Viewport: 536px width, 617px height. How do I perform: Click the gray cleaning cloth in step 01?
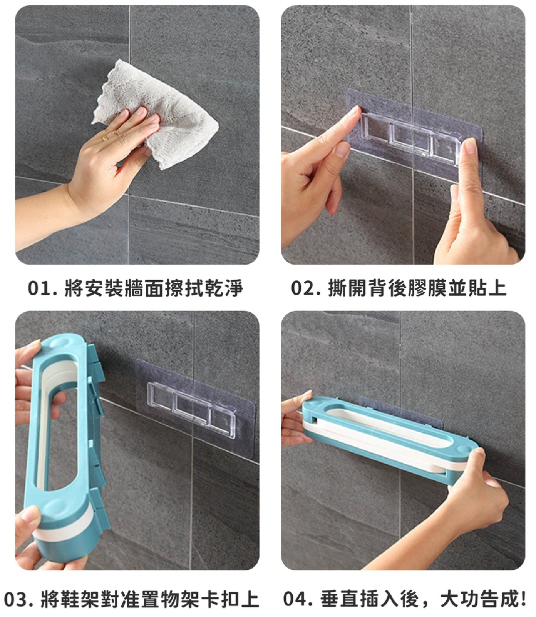[x=162, y=112]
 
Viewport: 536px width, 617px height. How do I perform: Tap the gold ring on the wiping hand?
[x=105, y=138]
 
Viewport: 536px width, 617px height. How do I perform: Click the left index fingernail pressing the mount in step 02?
[x=353, y=112]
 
